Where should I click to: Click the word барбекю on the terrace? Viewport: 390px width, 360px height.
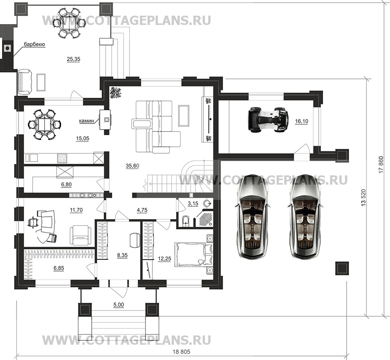pos(34,45)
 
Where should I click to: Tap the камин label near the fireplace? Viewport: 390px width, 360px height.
pos(86,120)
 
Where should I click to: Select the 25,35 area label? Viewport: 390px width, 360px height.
pos(73,59)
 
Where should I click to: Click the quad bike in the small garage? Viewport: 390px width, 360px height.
pos(269,119)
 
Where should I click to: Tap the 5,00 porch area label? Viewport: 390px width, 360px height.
pos(118,305)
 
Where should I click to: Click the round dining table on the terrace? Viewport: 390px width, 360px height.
pos(71,23)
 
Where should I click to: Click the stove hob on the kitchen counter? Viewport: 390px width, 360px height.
pos(63,157)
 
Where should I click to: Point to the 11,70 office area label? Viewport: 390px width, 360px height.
pos(76,210)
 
